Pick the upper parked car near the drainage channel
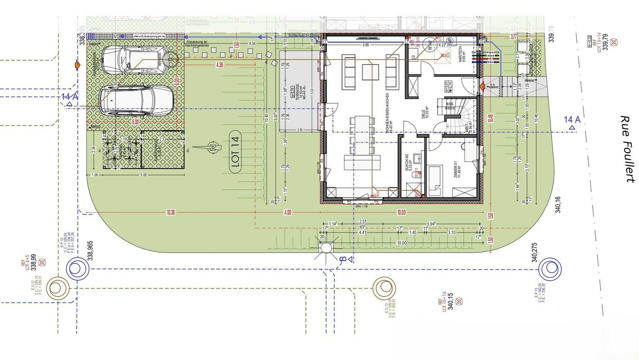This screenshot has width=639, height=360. coord(135,61)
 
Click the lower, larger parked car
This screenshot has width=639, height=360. coord(136,100)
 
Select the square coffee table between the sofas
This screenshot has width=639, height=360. coord(370,71)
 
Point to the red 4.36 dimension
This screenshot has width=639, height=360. coord(220,65)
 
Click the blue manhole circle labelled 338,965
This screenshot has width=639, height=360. coord(76,268)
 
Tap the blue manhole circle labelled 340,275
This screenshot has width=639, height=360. coord(550,268)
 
